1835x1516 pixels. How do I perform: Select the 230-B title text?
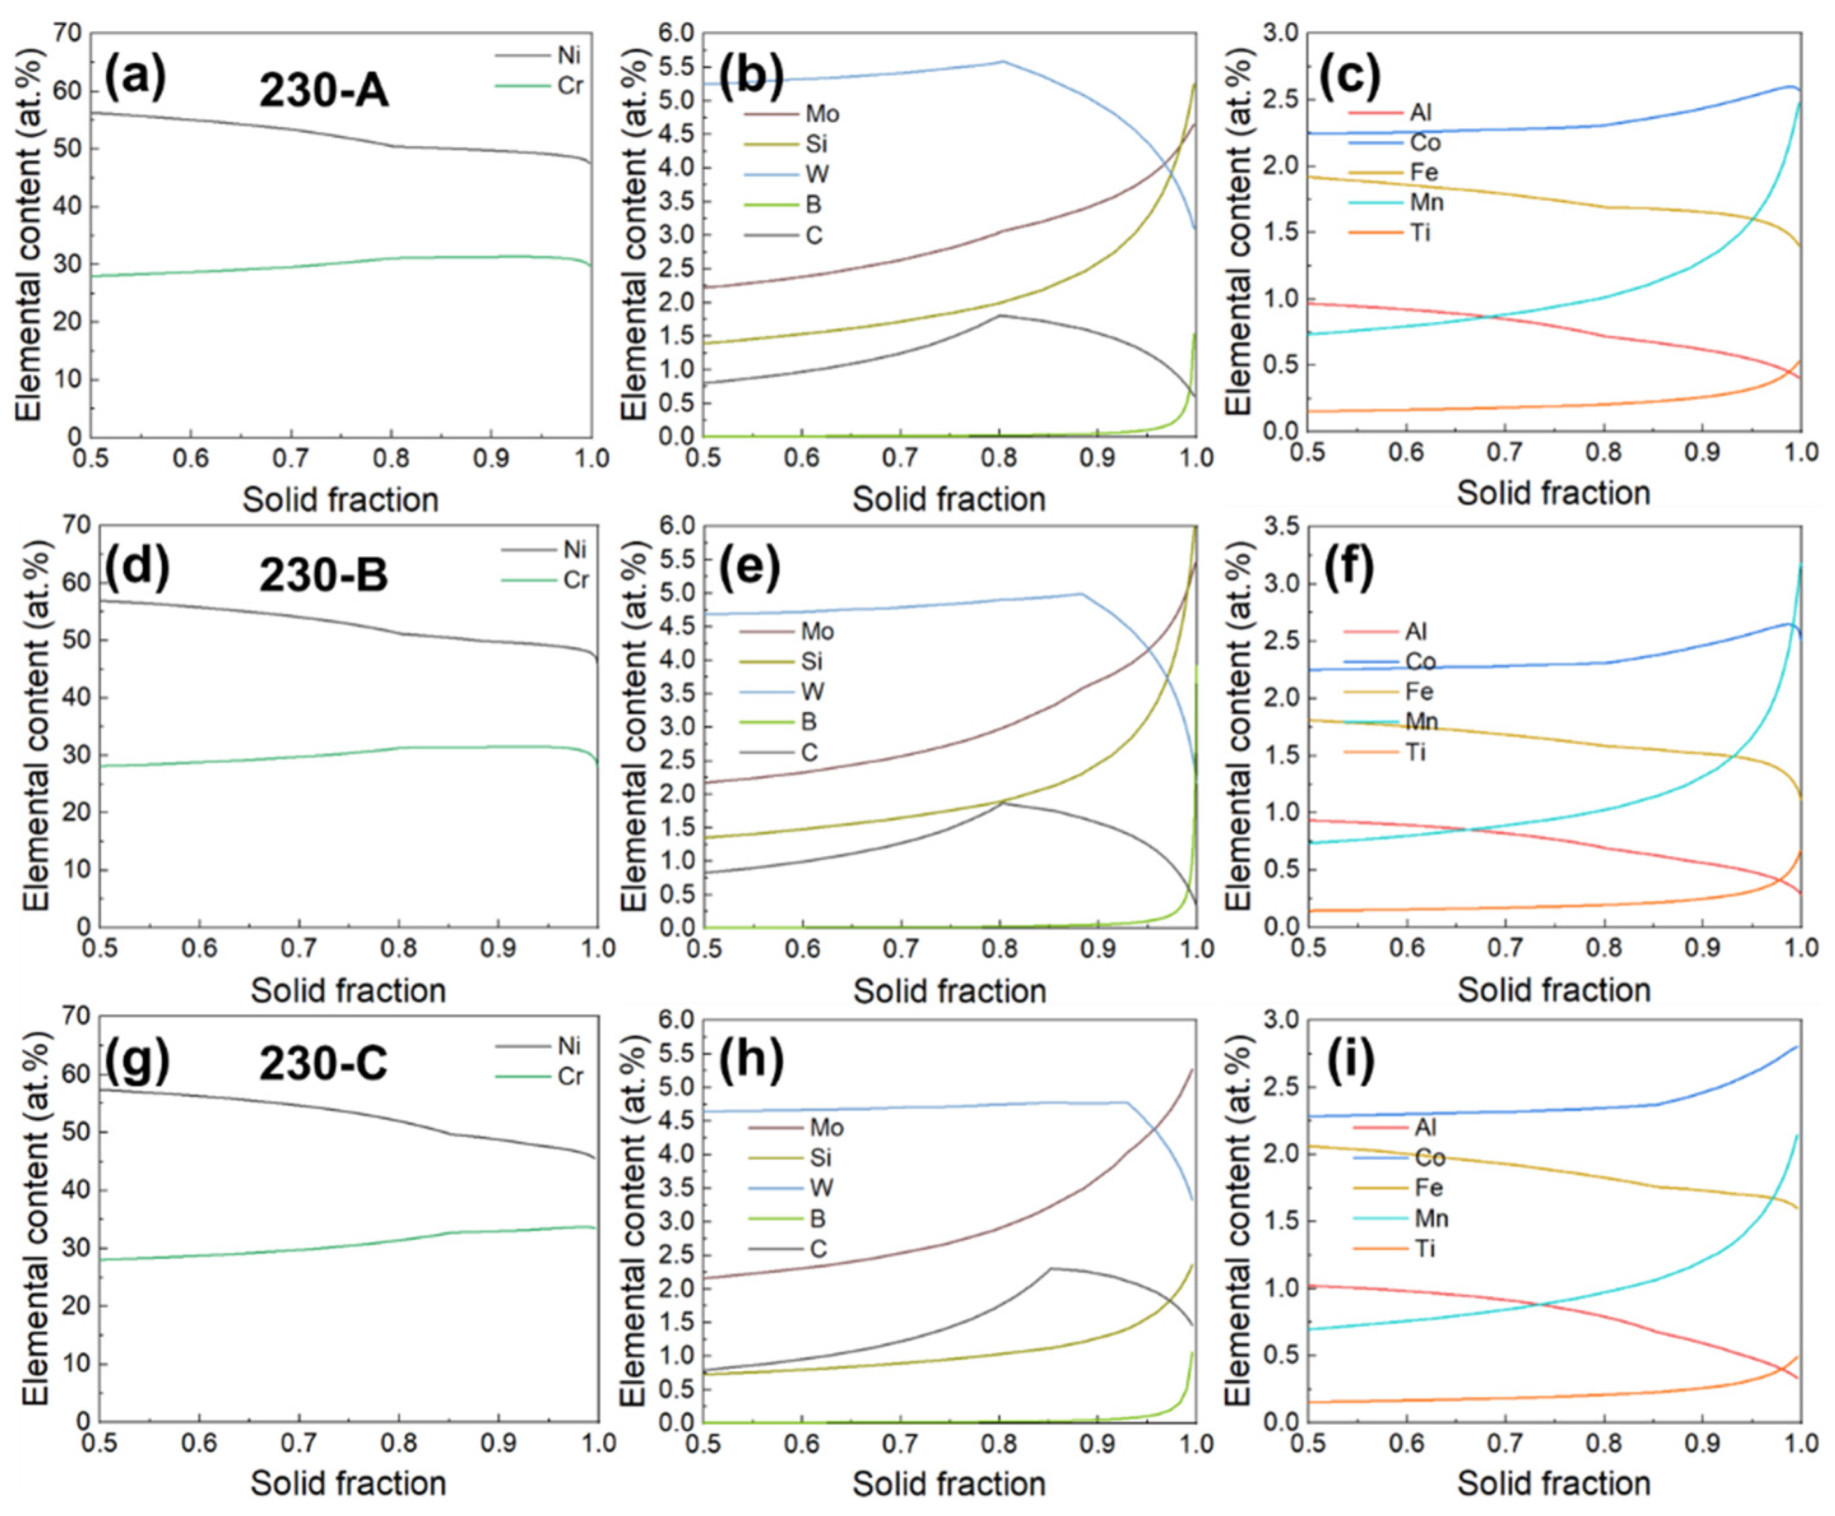(324, 575)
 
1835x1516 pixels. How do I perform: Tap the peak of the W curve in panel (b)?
(1003, 61)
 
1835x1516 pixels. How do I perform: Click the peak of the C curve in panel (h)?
(1051, 1268)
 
